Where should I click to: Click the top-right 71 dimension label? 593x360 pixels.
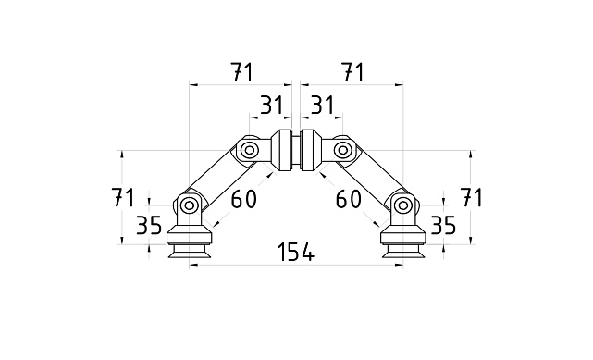352,70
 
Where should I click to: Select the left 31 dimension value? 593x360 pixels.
270,106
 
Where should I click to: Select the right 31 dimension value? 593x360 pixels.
321,106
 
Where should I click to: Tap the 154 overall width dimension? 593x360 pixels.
295,252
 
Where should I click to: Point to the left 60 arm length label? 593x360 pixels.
244,198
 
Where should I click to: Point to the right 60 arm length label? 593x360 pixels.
348,198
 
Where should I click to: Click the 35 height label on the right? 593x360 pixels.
443,225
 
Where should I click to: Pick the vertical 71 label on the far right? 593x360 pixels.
472,197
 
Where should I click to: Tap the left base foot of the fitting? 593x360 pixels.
189,243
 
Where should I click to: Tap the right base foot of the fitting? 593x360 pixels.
402,243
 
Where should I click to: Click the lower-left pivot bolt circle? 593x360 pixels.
189,205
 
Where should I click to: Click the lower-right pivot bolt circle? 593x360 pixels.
402,205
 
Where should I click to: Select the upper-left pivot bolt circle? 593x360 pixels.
249,149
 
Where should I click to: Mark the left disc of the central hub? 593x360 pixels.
283,152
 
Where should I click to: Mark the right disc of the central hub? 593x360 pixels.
308,152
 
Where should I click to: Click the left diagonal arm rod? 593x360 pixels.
218,178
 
